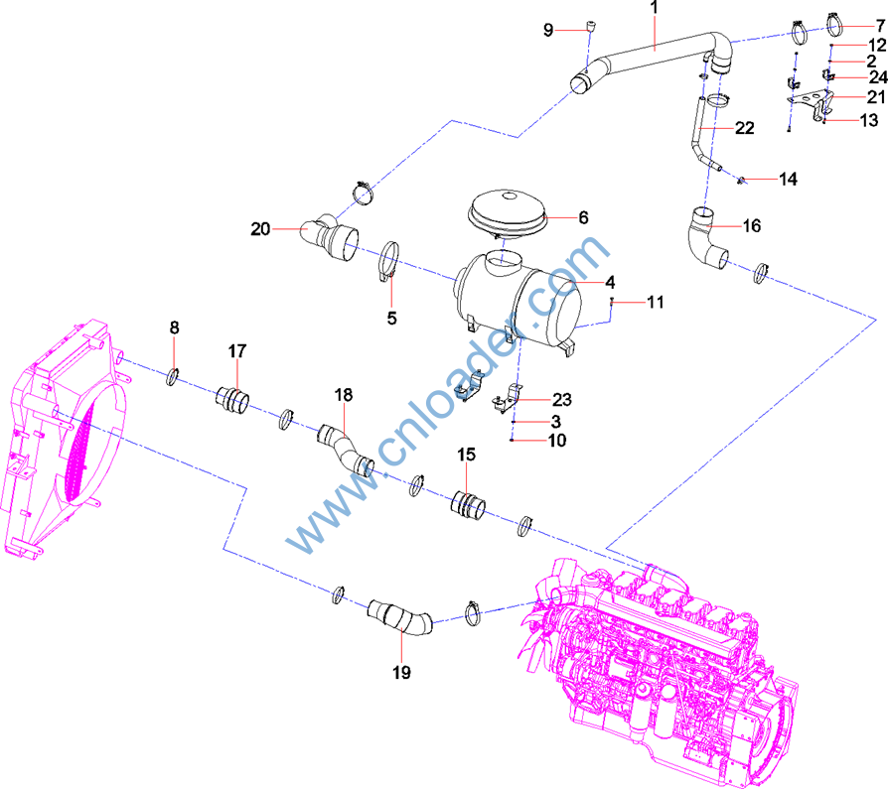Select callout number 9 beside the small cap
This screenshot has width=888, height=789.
point(548,30)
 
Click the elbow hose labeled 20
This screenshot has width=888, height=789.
point(330,238)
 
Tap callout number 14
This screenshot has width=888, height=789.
point(788,180)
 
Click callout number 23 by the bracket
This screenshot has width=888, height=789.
point(561,401)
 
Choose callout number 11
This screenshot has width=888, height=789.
point(655,301)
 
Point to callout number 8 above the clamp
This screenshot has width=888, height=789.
point(174,328)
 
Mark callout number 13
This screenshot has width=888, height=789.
point(869,121)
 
